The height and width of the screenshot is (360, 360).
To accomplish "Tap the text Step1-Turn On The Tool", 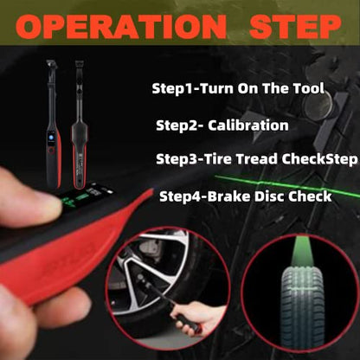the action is point(238,88).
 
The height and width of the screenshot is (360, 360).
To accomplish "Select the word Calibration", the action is point(248,125).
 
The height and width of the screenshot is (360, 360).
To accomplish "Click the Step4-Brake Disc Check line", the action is point(246,196).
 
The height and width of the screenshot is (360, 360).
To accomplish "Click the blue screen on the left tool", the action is point(52,137).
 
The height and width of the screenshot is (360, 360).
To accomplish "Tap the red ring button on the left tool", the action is point(52,150).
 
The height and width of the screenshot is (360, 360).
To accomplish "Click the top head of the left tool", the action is point(51,65).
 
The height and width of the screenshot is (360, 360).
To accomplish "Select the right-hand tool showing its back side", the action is point(80,127).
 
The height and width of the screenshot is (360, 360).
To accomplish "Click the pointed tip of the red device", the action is point(151,190).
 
